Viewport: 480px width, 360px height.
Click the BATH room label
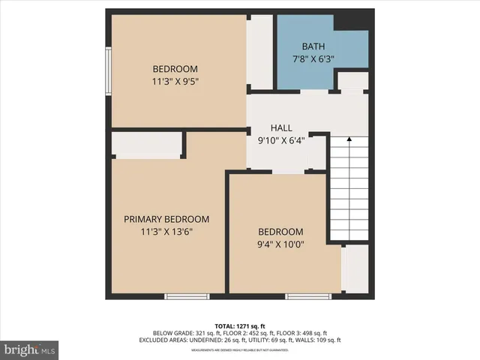(313, 46)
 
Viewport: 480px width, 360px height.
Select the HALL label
(281, 128)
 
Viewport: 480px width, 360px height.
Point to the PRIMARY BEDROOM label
(166, 219)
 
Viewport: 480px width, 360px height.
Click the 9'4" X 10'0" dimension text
(280, 244)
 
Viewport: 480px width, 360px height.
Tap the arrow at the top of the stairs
(349, 140)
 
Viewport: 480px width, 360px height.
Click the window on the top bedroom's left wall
(109, 70)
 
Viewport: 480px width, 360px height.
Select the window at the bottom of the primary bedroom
(187, 296)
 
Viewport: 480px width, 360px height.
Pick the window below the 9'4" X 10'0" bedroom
(308, 296)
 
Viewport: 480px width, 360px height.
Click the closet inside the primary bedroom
(148, 145)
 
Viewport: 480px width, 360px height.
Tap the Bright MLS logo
(31, 349)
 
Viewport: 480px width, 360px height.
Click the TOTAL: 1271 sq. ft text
(240, 325)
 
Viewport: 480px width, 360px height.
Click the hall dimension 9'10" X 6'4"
(280, 140)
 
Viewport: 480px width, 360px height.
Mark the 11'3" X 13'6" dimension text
(166, 232)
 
